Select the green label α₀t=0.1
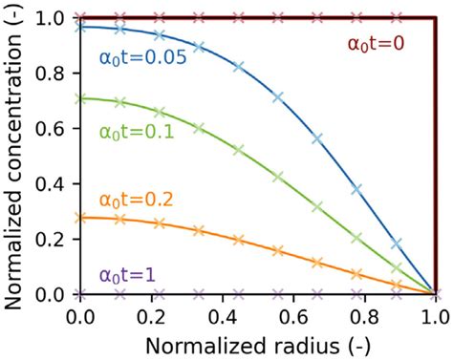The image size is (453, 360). pyautogui.click(x=136, y=133)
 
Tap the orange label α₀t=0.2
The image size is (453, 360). pyautogui.click(x=136, y=200)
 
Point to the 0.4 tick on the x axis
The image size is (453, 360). pyautogui.click(x=224, y=313)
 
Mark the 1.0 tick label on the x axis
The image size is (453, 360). pyautogui.click(x=436, y=313)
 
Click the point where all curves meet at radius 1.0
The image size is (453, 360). pyautogui.click(x=436, y=293)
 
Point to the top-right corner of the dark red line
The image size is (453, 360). pyautogui.click(x=436, y=17)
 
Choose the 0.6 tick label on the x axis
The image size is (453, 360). pyautogui.click(x=294, y=313)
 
